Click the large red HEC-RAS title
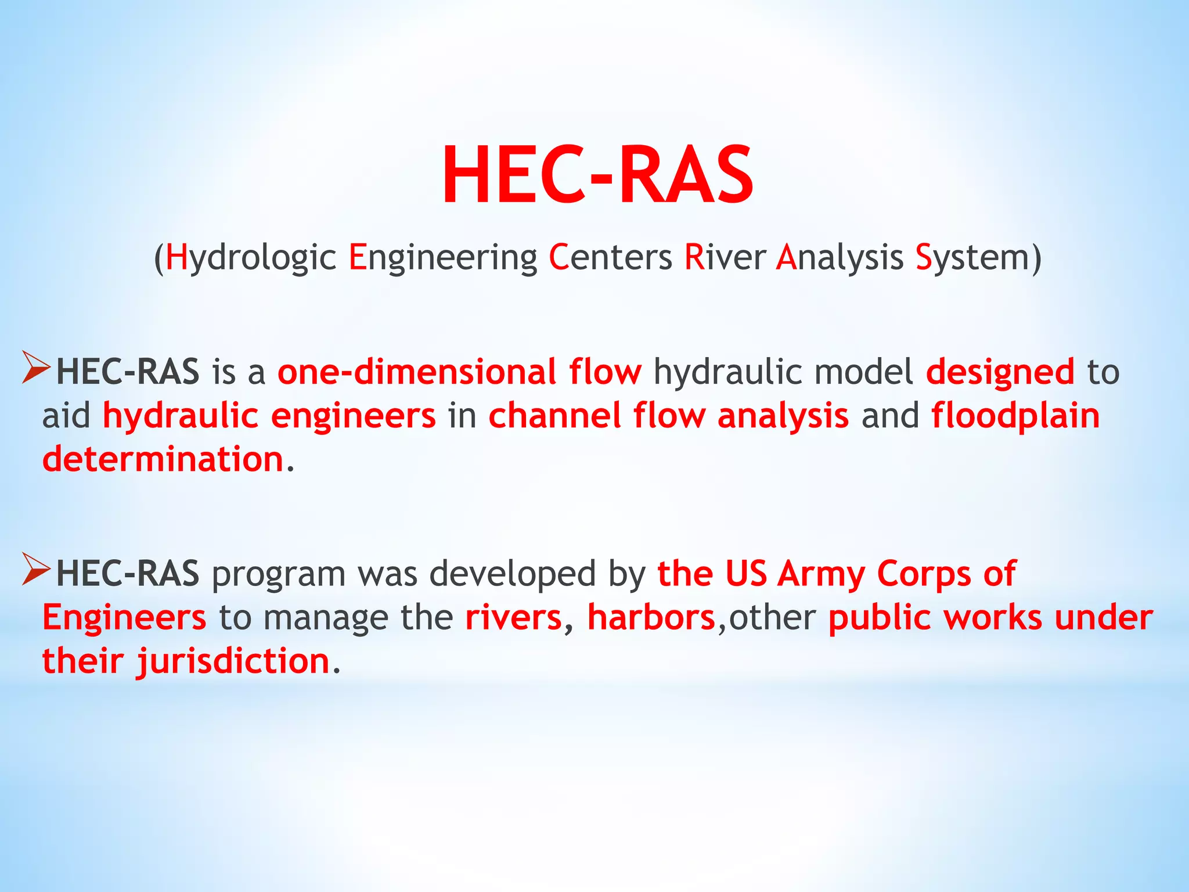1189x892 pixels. tap(597, 175)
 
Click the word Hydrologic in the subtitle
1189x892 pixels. tap(250, 257)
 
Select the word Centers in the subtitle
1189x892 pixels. tap(610, 257)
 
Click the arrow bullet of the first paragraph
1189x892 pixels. tap(36, 368)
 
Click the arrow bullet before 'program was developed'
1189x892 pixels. tap(36, 569)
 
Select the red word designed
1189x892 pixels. tap(1000, 372)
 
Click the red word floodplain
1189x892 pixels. tap(1015, 416)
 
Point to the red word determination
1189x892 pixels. tap(163, 459)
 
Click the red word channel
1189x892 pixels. tap(554, 416)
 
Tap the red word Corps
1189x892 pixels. tap(924, 574)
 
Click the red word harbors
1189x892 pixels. tap(651, 617)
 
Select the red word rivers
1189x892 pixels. tap(513, 617)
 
